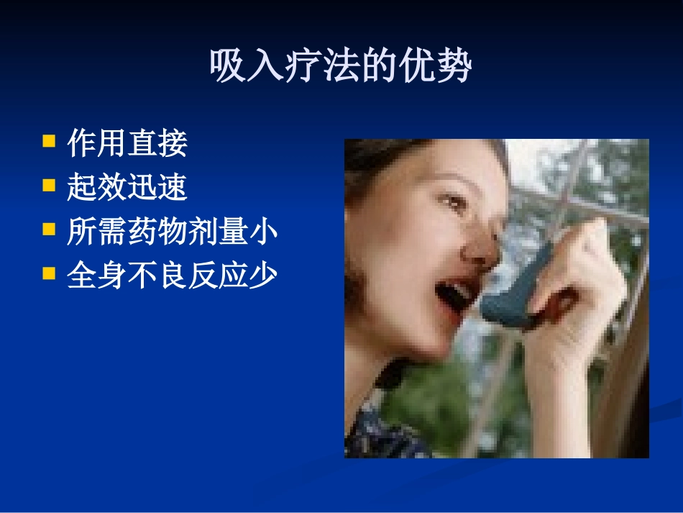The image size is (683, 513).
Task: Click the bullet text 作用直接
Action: pos(127,143)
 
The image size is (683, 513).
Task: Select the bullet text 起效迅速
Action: pos(127,187)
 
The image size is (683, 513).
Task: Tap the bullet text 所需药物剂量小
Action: pos(172,232)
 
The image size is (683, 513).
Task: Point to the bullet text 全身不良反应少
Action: pos(172,276)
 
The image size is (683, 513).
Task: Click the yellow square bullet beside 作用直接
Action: pos(49,141)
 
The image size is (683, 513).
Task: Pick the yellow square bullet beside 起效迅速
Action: pos(49,185)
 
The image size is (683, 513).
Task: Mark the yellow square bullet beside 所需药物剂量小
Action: pos(49,230)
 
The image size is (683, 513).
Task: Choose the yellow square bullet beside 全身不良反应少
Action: pos(49,273)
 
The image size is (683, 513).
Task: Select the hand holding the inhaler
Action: pos(575,288)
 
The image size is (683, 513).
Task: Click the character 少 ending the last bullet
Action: pos(262,276)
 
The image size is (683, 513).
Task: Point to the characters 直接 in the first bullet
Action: pos(157,143)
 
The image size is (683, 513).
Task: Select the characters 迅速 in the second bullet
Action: pos(157,187)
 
